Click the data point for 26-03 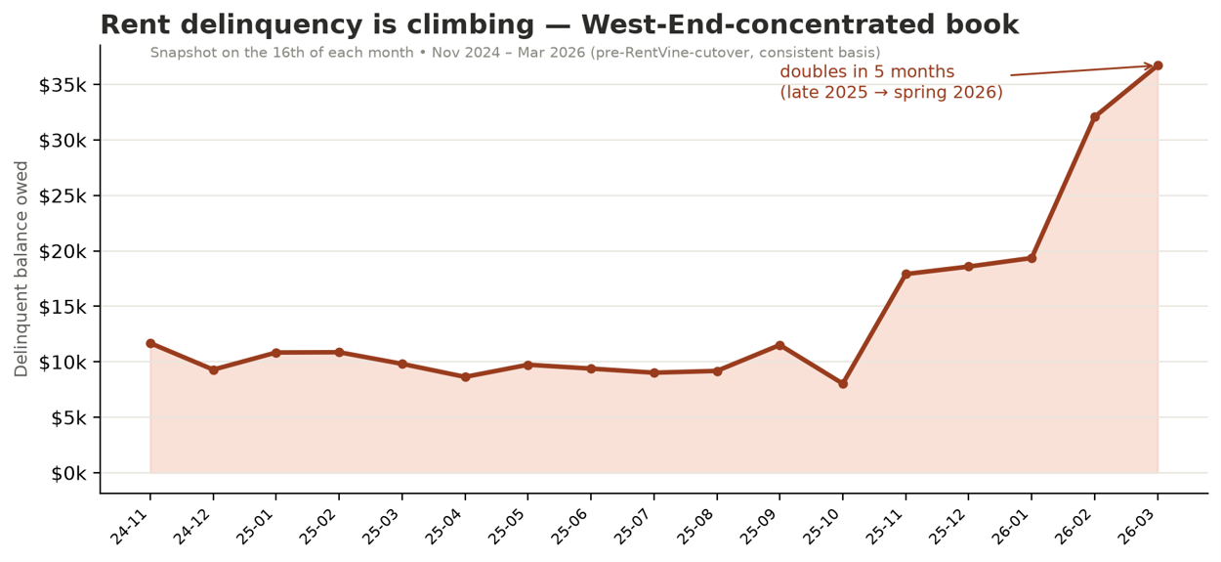[x=1158, y=65]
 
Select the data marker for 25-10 [x=843, y=384]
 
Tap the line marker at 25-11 [x=905, y=274]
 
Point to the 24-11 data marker [x=150, y=343]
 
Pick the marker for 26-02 [x=1095, y=116]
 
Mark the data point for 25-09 [x=779, y=345]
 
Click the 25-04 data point [x=465, y=377]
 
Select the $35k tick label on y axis [x=63, y=85]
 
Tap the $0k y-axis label [x=68, y=474]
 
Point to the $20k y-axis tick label [x=63, y=251]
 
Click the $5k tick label [x=68, y=418]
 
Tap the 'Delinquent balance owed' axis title [x=21, y=269]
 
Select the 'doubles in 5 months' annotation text [x=867, y=71]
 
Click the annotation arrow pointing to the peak [x=1081, y=70]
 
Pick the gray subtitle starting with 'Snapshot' [x=515, y=53]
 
